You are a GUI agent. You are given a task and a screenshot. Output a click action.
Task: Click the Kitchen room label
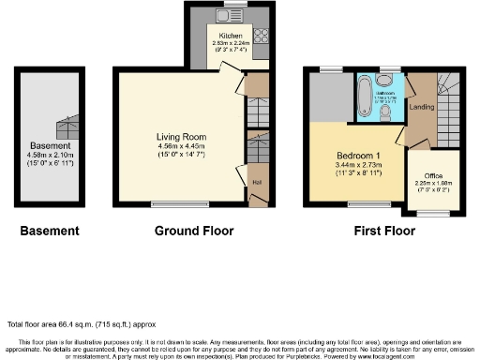[230, 37]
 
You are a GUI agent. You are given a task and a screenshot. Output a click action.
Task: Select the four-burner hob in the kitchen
[261, 40]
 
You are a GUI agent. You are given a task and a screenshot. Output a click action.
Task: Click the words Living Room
[181, 137]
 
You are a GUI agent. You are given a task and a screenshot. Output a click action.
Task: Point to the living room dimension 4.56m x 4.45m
[181, 146]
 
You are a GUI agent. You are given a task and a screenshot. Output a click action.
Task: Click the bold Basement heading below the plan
[51, 231]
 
